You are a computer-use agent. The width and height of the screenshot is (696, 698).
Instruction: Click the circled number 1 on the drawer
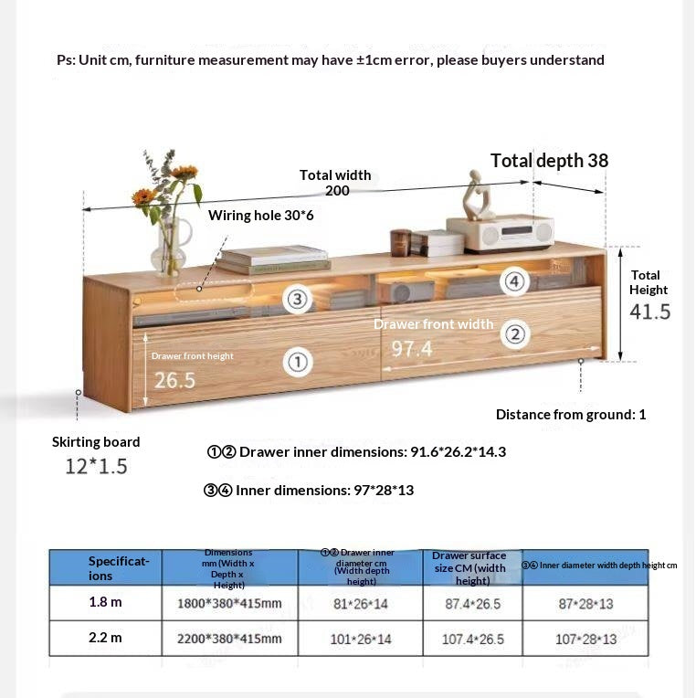[x=297, y=363]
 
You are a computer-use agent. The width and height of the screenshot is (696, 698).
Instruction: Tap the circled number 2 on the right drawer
[x=515, y=335]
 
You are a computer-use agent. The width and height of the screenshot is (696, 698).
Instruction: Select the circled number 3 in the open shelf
[x=296, y=299]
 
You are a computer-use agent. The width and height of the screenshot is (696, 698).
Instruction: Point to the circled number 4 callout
[x=515, y=281]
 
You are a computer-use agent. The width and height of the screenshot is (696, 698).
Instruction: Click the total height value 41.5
[x=649, y=312]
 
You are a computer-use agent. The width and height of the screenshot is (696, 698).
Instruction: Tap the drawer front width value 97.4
[x=412, y=349]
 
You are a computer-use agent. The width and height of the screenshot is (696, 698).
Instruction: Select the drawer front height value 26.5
[x=174, y=379]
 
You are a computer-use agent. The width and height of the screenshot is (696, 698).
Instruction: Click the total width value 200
[x=337, y=191]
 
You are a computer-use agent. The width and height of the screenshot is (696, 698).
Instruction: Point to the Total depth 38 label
[x=549, y=161]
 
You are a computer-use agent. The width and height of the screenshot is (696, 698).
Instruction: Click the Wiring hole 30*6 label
[x=260, y=216]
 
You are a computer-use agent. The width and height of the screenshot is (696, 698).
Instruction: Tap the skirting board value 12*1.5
[x=96, y=466]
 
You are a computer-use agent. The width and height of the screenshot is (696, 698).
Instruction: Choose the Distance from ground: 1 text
[x=571, y=415]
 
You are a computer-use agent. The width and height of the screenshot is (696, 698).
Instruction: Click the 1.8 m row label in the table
[x=105, y=602]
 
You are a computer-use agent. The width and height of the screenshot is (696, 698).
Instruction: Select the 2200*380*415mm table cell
[x=229, y=639]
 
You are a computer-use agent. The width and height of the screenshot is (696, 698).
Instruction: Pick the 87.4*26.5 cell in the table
[x=472, y=604]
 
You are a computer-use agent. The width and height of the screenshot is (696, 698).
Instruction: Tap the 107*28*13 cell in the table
[x=585, y=639]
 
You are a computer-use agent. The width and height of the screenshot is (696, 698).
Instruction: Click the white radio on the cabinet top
[x=511, y=233]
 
